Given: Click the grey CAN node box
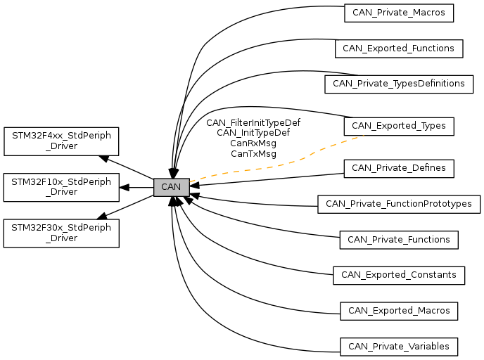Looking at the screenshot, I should coord(171,187).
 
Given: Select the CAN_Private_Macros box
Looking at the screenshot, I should coord(399,13).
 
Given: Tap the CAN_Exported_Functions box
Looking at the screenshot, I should coord(399,49).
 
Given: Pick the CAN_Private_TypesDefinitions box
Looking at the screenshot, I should coord(398,84).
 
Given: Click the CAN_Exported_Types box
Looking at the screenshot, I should coord(398,126).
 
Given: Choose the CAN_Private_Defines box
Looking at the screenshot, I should coord(398,168).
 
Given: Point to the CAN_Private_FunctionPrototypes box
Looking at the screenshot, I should coord(399,205).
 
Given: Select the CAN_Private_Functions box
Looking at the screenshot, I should coord(399,240).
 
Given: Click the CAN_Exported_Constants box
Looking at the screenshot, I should coord(398,275).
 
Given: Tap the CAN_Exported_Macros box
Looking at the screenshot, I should coord(399,310).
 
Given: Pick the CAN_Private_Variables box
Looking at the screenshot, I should coord(399,347).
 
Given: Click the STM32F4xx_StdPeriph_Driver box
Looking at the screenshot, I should coord(61,141).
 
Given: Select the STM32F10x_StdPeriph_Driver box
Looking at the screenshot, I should coord(61,187).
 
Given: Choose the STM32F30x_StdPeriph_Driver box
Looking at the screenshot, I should coord(61,233).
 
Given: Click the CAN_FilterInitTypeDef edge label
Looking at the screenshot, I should coord(253,122).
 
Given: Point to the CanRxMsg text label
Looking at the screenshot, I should coord(253,143).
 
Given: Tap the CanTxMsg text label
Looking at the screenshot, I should coord(253,153).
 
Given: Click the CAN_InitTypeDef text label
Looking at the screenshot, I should coord(253,132).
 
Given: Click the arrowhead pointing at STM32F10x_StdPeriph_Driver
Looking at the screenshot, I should coord(124,187).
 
